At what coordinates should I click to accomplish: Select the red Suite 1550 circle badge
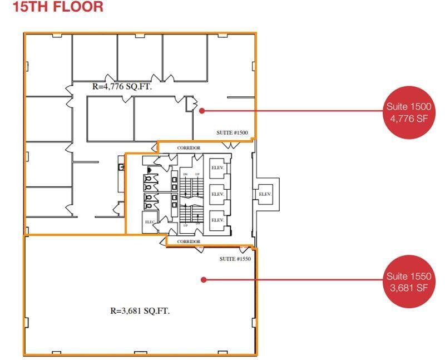pyautogui.click(x=409, y=281)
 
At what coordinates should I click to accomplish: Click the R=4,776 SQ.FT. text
pyautogui.click(x=122, y=87)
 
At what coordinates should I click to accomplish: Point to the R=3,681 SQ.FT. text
pyautogui.click(x=140, y=311)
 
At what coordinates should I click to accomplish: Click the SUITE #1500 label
pyautogui.click(x=232, y=132)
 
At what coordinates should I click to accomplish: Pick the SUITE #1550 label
pyautogui.click(x=234, y=259)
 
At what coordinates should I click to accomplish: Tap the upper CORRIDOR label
pyautogui.click(x=189, y=148)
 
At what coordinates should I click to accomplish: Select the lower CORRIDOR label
pyautogui.click(x=189, y=241)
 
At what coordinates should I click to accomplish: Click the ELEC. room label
pyautogui.click(x=150, y=221)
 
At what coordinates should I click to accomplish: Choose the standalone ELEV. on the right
pyautogui.click(x=265, y=194)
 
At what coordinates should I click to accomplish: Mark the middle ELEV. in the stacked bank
pyautogui.click(x=217, y=194)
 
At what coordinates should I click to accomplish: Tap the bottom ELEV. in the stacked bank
pyautogui.click(x=217, y=220)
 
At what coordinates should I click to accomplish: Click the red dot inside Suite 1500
pyautogui.click(x=202, y=110)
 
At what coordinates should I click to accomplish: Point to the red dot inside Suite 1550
pyautogui.click(x=204, y=279)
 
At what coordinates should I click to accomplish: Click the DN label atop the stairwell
pyautogui.click(x=185, y=174)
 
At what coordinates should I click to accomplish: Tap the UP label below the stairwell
pyautogui.click(x=185, y=225)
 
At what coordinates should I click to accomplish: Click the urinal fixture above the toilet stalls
pyautogui.click(x=149, y=170)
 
